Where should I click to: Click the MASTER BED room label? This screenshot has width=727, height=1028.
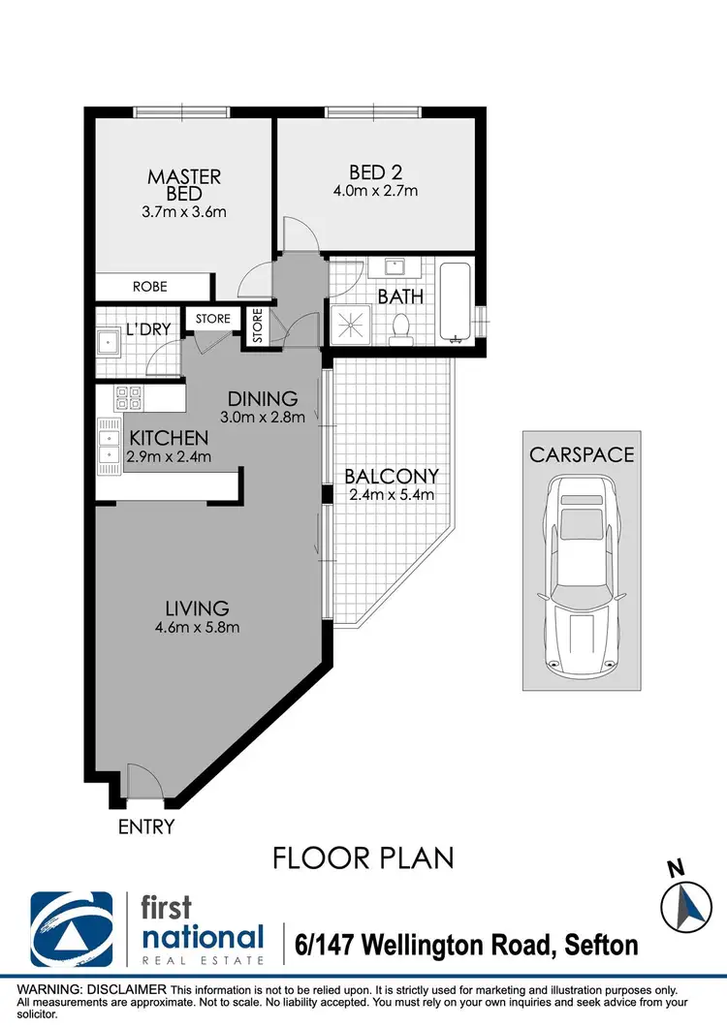pos(184,184)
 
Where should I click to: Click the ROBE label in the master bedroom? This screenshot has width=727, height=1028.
pos(150,287)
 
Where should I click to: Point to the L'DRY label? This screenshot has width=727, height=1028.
pos(148,329)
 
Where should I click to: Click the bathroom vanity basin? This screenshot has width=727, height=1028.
pos(395,266)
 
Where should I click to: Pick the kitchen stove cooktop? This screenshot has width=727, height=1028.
pos(128,397)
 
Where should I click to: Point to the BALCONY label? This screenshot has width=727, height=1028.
pos(392,477)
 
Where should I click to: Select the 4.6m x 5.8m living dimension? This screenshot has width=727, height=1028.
pos(197,627)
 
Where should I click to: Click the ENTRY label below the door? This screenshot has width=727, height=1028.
pos(146,826)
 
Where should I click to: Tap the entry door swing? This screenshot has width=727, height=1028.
pos(141,781)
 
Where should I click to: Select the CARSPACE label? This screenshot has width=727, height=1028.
pos(581,454)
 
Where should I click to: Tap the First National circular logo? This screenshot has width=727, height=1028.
pos(73,928)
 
